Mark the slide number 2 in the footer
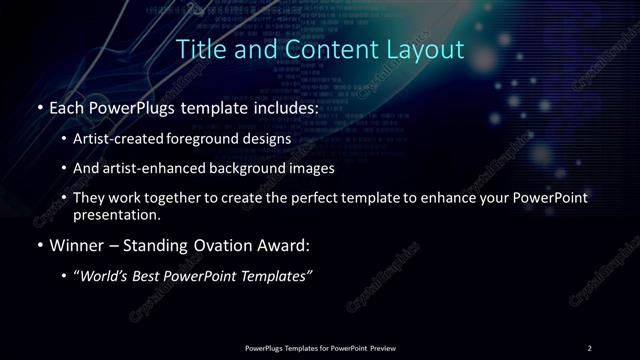coord(590,347)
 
